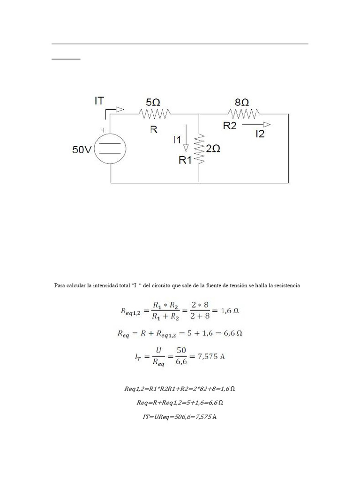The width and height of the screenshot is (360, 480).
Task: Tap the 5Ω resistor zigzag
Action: coord(155,112)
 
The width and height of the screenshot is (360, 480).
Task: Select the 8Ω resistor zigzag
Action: coord(243,113)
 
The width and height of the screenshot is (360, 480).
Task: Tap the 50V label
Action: coord(82,150)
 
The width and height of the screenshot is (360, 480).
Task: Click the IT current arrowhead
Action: coord(120,110)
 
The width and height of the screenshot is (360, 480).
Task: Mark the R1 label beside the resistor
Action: coord(185,160)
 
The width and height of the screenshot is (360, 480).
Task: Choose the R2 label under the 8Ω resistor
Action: coord(230,125)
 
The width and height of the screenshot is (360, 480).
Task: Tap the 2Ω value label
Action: coord(213,149)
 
